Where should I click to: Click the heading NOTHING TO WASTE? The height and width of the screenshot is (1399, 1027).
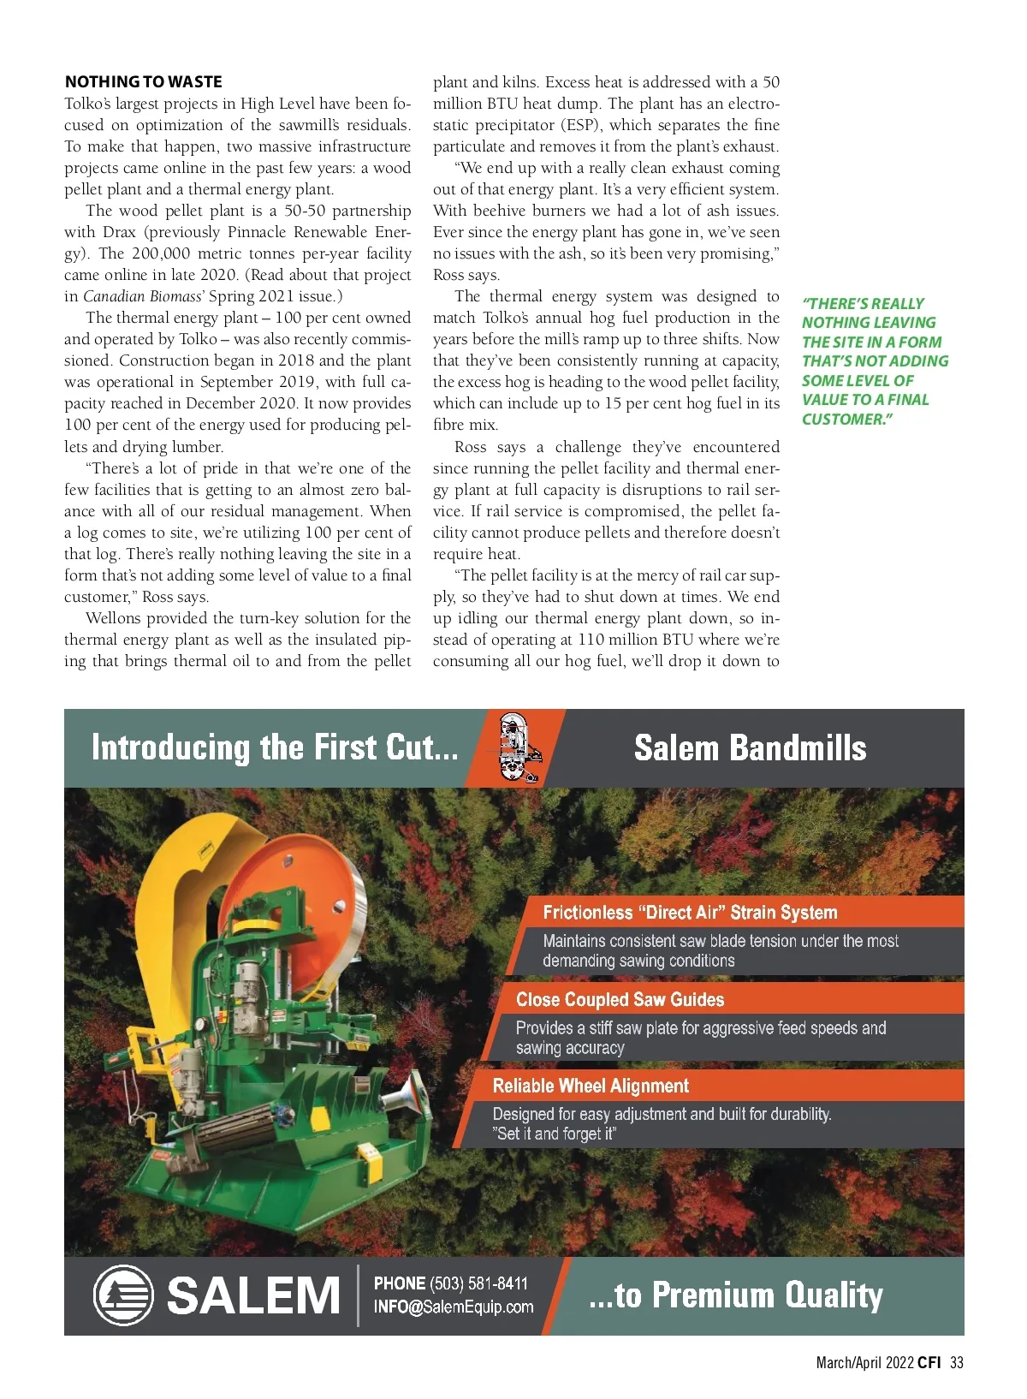coord(143,81)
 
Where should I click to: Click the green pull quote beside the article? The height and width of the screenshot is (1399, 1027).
coord(874,360)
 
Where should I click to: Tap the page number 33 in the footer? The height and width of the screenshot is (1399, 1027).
coord(956,1363)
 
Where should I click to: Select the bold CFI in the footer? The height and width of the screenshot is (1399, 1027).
coord(929,1363)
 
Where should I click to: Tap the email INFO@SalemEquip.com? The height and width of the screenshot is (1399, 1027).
coord(453,1307)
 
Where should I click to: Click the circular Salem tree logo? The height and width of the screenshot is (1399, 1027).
coord(122,1295)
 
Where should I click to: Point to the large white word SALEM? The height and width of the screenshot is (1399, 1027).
coord(253,1295)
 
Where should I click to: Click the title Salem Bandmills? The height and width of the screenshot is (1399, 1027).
coord(750,748)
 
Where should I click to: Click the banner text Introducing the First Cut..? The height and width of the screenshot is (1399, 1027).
coord(274,747)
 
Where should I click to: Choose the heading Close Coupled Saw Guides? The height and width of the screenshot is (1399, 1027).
coord(620,999)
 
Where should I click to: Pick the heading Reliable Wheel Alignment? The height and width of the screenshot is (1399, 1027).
coord(591,1086)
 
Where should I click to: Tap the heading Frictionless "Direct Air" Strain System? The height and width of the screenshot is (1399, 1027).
coord(690,912)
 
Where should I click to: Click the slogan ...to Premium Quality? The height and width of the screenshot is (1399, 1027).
coord(735,1295)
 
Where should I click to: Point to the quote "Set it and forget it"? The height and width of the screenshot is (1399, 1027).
coord(555,1134)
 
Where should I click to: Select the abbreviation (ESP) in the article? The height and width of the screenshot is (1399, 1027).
coord(581,125)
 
